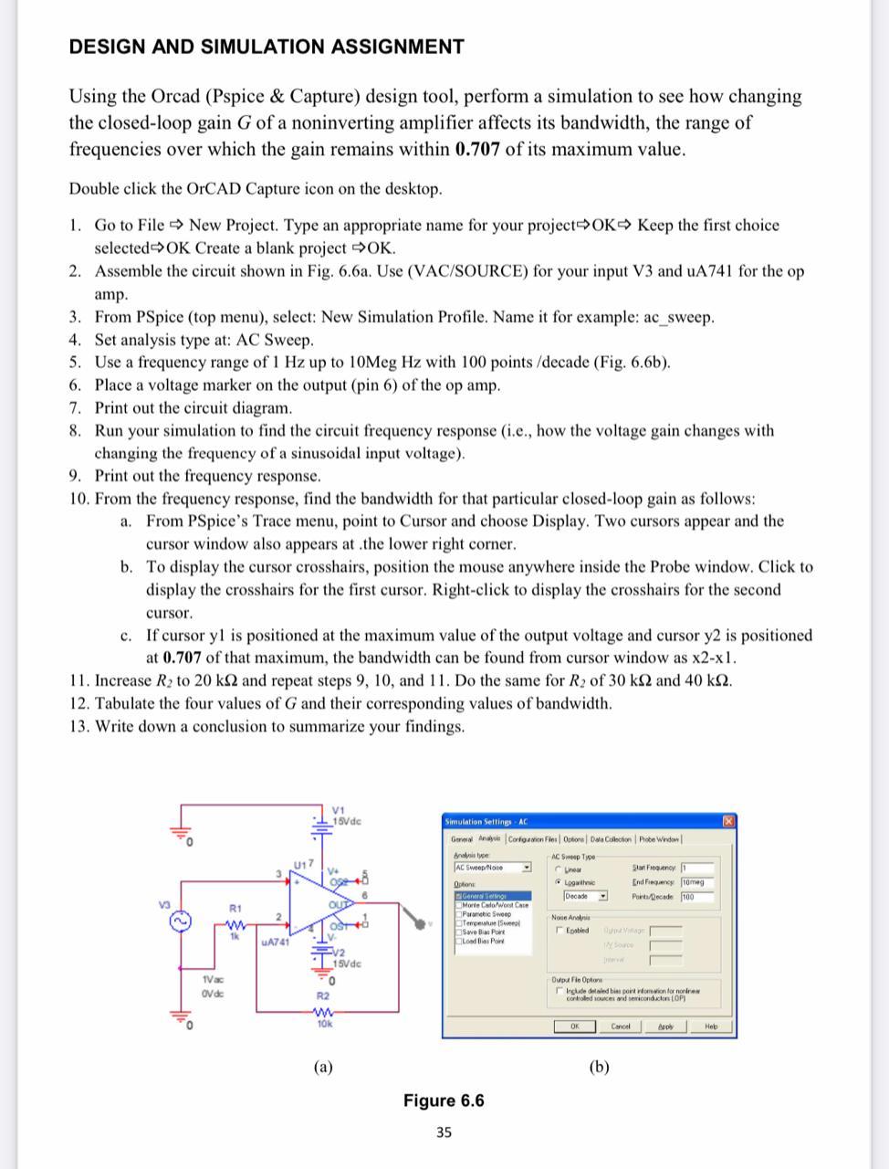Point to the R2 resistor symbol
(x=323, y=1010)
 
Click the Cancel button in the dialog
(x=620, y=1027)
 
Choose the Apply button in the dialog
(x=666, y=1027)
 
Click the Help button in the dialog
(x=711, y=1027)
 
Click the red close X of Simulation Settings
(x=728, y=822)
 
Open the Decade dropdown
(x=603, y=896)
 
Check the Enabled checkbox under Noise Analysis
(x=558, y=930)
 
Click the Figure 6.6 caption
(x=444, y=1101)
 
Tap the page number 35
(x=444, y=1132)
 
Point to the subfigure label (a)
(x=323, y=1066)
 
